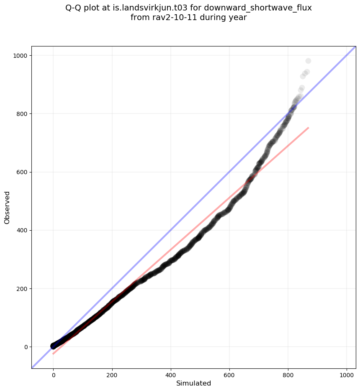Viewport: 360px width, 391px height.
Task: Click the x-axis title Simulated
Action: tap(193, 383)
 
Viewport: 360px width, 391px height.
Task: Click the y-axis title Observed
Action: tap(7, 207)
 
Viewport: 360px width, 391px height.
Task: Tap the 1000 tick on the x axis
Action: tap(347, 376)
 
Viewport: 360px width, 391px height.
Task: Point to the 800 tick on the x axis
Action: tap(288, 376)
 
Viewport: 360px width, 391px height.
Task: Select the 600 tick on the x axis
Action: tap(229, 376)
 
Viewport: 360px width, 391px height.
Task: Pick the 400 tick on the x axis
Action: tap(171, 376)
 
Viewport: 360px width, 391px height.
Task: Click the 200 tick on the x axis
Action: tap(112, 376)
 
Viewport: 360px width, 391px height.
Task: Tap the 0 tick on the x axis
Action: tap(53, 376)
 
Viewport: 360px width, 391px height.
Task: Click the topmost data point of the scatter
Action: tap(308, 61)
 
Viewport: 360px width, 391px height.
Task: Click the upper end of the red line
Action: tap(308, 128)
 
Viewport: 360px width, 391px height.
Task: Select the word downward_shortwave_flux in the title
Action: tap(258, 8)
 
